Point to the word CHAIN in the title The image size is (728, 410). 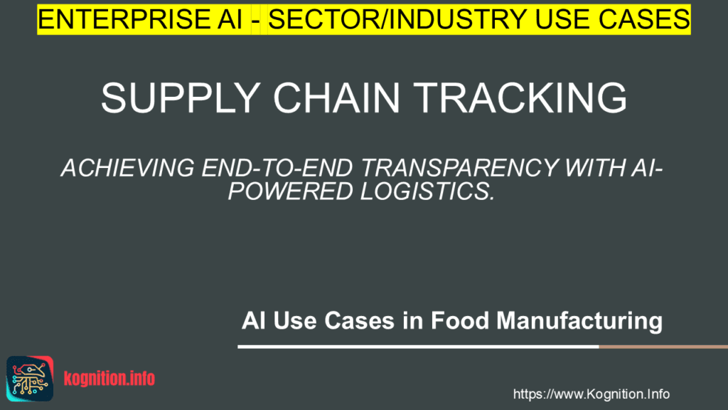coord(336,98)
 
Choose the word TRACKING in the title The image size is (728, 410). coord(520,98)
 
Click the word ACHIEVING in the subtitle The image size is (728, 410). coord(128,168)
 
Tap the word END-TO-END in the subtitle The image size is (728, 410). coord(277,168)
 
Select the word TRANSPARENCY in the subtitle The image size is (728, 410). coord(459,168)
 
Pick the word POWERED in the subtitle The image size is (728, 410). coord(290,191)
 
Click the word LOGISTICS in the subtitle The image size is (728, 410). coord(427,191)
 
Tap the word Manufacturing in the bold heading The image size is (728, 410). coord(579,322)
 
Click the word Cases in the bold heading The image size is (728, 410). coord(359,321)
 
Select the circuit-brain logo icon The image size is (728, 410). coord(30,379)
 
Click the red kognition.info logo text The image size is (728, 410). coord(109,379)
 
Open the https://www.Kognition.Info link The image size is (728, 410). coord(591,394)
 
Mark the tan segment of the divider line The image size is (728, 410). coord(663,347)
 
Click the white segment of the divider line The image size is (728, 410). coord(418,347)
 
